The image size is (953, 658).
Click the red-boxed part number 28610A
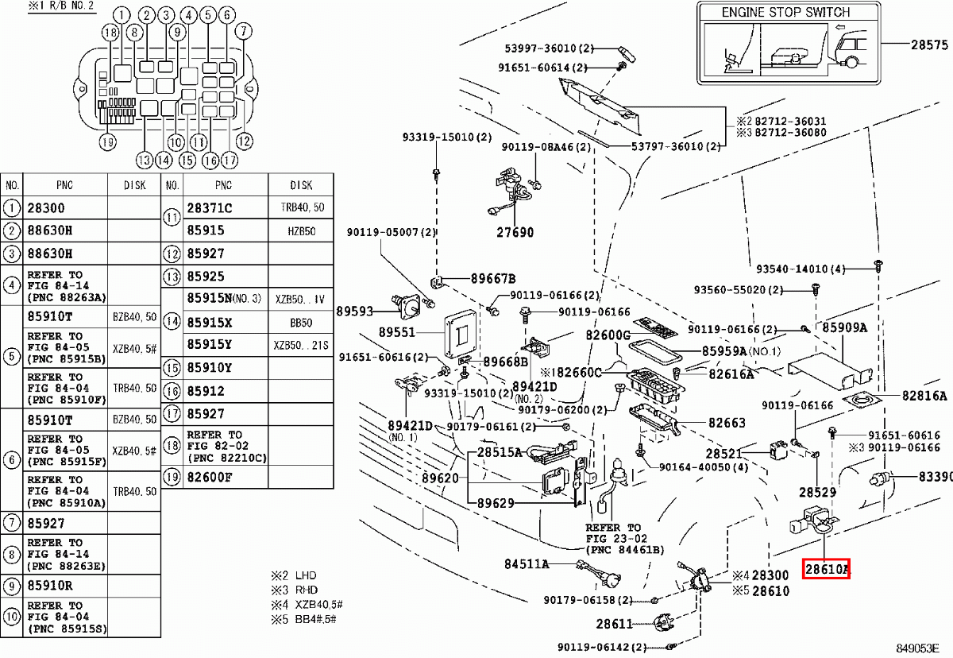click(827, 569)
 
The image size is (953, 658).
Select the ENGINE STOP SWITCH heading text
click(785, 13)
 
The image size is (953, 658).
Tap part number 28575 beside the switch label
click(929, 45)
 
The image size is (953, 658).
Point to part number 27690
click(515, 233)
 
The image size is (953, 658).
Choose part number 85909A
click(844, 327)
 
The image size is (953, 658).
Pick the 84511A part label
click(527, 564)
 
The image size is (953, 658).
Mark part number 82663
click(727, 424)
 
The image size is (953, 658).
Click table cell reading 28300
click(47, 208)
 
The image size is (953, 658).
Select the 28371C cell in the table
click(210, 208)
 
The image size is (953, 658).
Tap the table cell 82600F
click(210, 477)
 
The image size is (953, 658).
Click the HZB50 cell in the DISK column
click(301, 230)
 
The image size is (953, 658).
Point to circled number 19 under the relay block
click(108, 142)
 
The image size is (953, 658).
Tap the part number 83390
click(936, 477)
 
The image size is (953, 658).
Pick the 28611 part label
click(615, 625)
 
